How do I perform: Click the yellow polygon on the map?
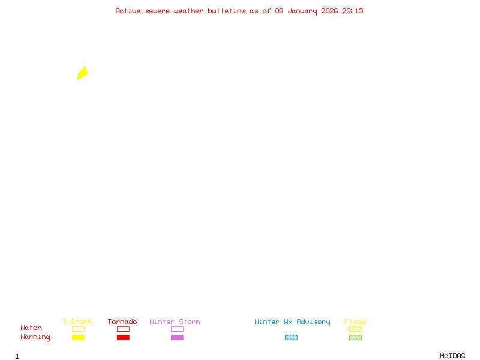[82, 73]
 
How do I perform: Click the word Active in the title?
[128, 11]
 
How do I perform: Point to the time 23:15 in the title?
[353, 11]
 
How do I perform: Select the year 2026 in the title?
[330, 11]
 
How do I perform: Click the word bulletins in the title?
[227, 11]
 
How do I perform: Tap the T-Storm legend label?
[77, 322]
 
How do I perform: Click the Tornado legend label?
[122, 322]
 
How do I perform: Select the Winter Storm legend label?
[175, 322]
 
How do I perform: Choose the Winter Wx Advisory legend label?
[292, 322]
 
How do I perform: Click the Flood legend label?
[355, 322]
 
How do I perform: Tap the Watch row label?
[31, 328]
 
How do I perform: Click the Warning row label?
[35, 337]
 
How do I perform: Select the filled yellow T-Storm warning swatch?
[78, 338]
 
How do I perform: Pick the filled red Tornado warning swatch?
[123, 338]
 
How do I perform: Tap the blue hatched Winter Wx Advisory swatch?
[291, 338]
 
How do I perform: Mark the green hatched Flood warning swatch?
[355, 338]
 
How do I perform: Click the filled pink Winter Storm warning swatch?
[177, 338]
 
